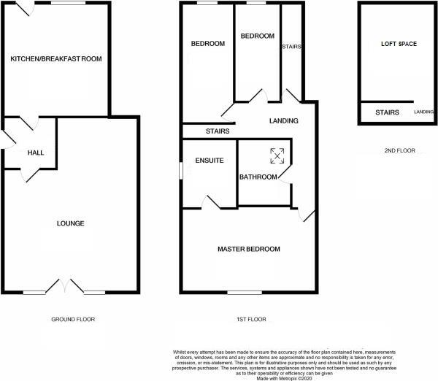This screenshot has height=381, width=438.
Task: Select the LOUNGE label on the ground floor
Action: point(71,223)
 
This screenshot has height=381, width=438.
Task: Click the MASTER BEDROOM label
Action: point(249,250)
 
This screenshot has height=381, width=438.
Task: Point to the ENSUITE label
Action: point(209,161)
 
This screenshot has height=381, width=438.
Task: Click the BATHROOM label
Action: point(258,177)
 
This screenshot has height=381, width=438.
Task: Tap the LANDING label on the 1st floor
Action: point(283,121)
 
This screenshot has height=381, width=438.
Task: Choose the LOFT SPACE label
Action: point(399,44)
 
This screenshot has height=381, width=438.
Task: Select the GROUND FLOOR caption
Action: point(73,319)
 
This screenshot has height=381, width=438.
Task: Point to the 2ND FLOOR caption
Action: point(399,151)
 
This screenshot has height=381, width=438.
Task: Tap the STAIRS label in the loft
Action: point(387,112)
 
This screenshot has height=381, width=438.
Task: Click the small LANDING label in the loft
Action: point(423,112)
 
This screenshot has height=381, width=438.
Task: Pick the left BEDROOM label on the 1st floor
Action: point(208,44)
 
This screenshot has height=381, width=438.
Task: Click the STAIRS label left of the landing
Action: point(218,131)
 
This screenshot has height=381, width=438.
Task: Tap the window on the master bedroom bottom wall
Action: point(237,292)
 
